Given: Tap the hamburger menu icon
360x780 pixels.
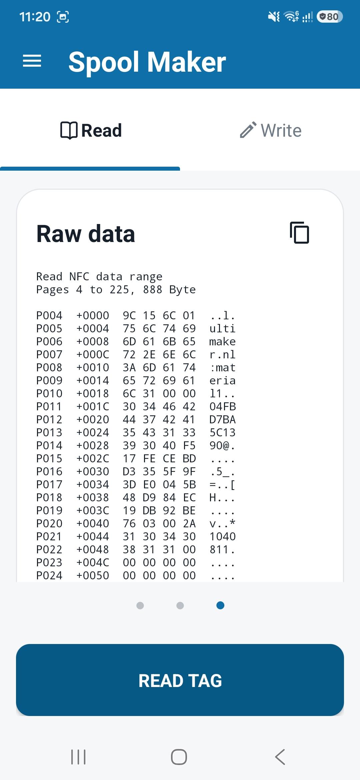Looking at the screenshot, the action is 32,61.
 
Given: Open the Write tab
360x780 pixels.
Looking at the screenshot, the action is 270,130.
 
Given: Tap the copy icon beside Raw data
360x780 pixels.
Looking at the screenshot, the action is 299,232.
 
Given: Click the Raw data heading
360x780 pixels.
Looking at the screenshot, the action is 86,234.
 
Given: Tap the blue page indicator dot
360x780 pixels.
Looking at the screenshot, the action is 220,605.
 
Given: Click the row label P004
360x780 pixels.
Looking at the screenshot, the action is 49,315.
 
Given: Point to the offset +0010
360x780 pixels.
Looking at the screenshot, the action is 93,367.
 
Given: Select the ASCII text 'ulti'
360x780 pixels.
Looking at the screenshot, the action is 222,328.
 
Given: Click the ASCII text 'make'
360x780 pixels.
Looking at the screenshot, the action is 222,341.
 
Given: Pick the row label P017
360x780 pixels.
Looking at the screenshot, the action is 49,484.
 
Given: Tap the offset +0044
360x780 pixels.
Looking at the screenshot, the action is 93,536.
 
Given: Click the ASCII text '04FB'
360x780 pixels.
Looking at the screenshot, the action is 222,406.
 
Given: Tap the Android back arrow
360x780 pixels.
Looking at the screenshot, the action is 280,757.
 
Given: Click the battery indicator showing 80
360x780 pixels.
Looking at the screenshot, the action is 330,16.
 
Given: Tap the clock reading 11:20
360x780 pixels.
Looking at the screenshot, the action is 35,17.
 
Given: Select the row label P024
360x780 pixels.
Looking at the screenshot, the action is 49,575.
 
